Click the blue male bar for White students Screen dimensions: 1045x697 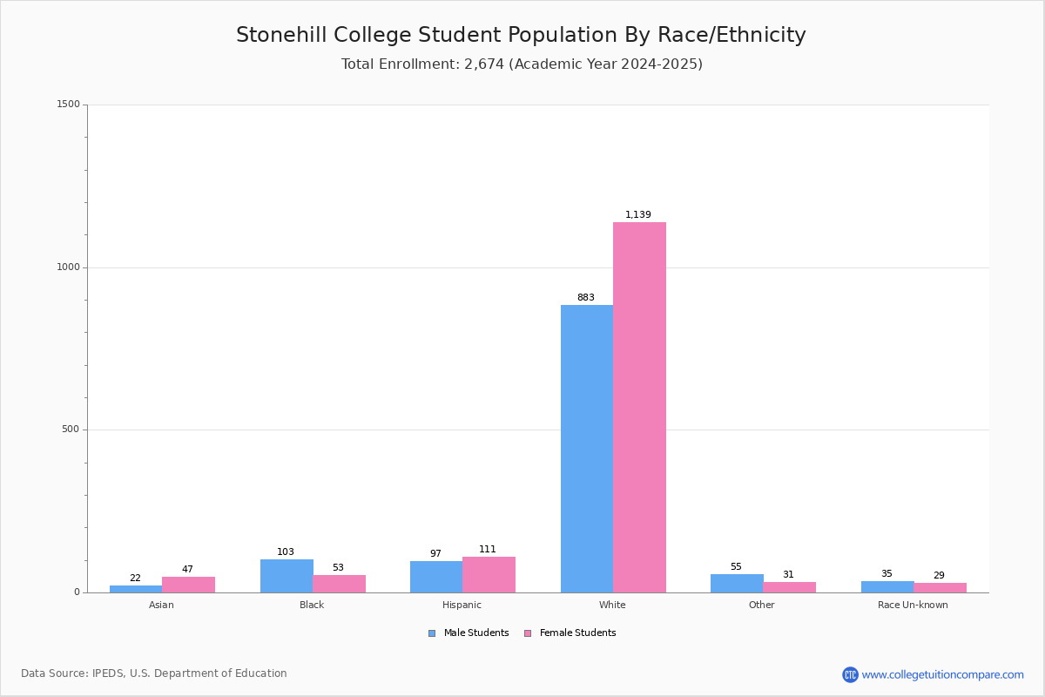click(587, 449)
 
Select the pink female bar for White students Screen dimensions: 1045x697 click(639, 408)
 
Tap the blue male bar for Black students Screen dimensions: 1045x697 click(287, 576)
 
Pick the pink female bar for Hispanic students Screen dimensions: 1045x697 click(489, 575)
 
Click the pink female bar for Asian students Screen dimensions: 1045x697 click(188, 585)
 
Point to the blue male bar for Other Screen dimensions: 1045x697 click(737, 584)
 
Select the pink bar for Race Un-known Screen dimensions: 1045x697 click(940, 588)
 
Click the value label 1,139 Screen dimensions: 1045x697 click(637, 214)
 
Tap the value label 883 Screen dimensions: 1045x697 click(586, 297)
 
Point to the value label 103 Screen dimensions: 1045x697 click(286, 552)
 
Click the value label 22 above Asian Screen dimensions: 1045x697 click(135, 578)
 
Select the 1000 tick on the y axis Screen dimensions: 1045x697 click(69, 267)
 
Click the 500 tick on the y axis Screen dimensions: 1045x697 click(71, 429)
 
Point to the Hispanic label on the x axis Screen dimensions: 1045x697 click(462, 605)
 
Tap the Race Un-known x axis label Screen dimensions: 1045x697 click(913, 605)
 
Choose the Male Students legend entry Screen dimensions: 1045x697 click(469, 633)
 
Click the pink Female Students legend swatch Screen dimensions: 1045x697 click(528, 633)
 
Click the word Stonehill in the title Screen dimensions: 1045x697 click(282, 35)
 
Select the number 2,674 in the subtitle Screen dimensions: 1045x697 click(484, 64)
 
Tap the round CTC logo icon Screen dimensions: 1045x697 click(850, 674)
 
